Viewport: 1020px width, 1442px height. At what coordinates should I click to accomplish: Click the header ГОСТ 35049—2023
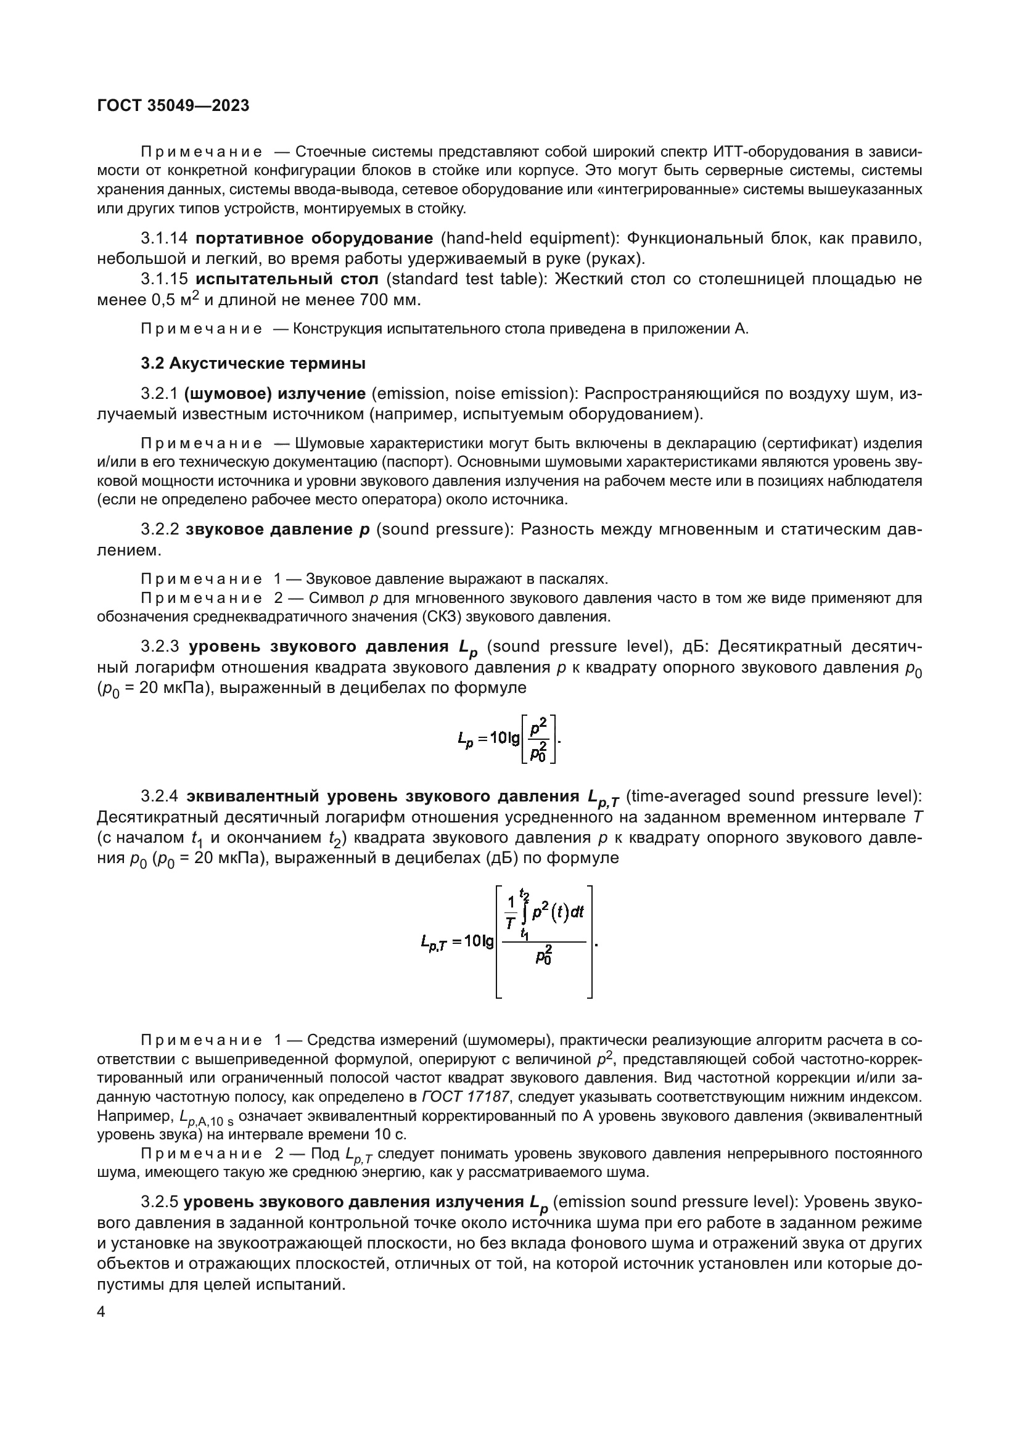point(173,105)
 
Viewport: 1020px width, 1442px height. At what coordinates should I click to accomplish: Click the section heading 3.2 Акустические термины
point(252,363)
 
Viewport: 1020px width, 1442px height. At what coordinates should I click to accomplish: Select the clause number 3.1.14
point(165,238)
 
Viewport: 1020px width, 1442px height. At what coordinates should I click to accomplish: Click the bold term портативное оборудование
point(314,238)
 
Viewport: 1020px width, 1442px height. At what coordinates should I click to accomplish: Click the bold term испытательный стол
point(287,279)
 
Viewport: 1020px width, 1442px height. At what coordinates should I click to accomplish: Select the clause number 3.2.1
point(160,394)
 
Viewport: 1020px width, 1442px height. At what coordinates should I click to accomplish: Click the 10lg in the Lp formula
point(505,738)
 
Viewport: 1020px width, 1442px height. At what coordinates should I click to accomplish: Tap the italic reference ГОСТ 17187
point(466,1097)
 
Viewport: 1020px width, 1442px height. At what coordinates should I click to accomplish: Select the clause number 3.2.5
point(160,1202)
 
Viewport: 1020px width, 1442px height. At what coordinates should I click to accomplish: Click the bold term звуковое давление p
point(278,530)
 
